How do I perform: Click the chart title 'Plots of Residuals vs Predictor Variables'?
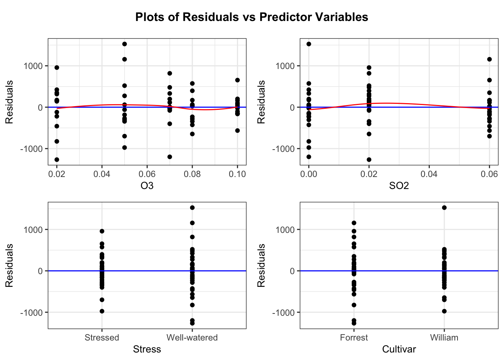pyautogui.click(x=252, y=17)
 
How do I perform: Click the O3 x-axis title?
pyautogui.click(x=147, y=186)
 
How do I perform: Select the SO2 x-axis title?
pyautogui.click(x=399, y=186)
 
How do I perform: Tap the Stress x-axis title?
pyautogui.click(x=147, y=349)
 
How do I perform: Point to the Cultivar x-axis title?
pyautogui.click(x=399, y=349)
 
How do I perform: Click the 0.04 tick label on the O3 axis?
pyautogui.click(x=102, y=174)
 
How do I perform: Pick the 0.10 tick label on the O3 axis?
pyautogui.click(x=237, y=174)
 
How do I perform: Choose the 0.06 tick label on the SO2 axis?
pyautogui.click(x=489, y=174)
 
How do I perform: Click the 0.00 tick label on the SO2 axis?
pyautogui.click(x=309, y=174)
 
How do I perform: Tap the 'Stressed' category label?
pyautogui.click(x=102, y=337)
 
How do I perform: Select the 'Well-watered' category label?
pyautogui.click(x=192, y=337)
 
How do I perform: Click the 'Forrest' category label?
pyautogui.click(x=354, y=337)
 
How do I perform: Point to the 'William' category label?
pyautogui.click(x=444, y=337)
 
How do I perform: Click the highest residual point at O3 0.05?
pyautogui.click(x=124, y=44)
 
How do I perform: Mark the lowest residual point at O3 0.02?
pyautogui.click(x=57, y=160)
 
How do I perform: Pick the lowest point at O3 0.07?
pyautogui.click(x=169, y=157)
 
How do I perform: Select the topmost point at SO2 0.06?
pyautogui.click(x=489, y=59)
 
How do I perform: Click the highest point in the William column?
pyautogui.click(x=444, y=208)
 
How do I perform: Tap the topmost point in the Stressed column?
pyautogui.click(x=102, y=231)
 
